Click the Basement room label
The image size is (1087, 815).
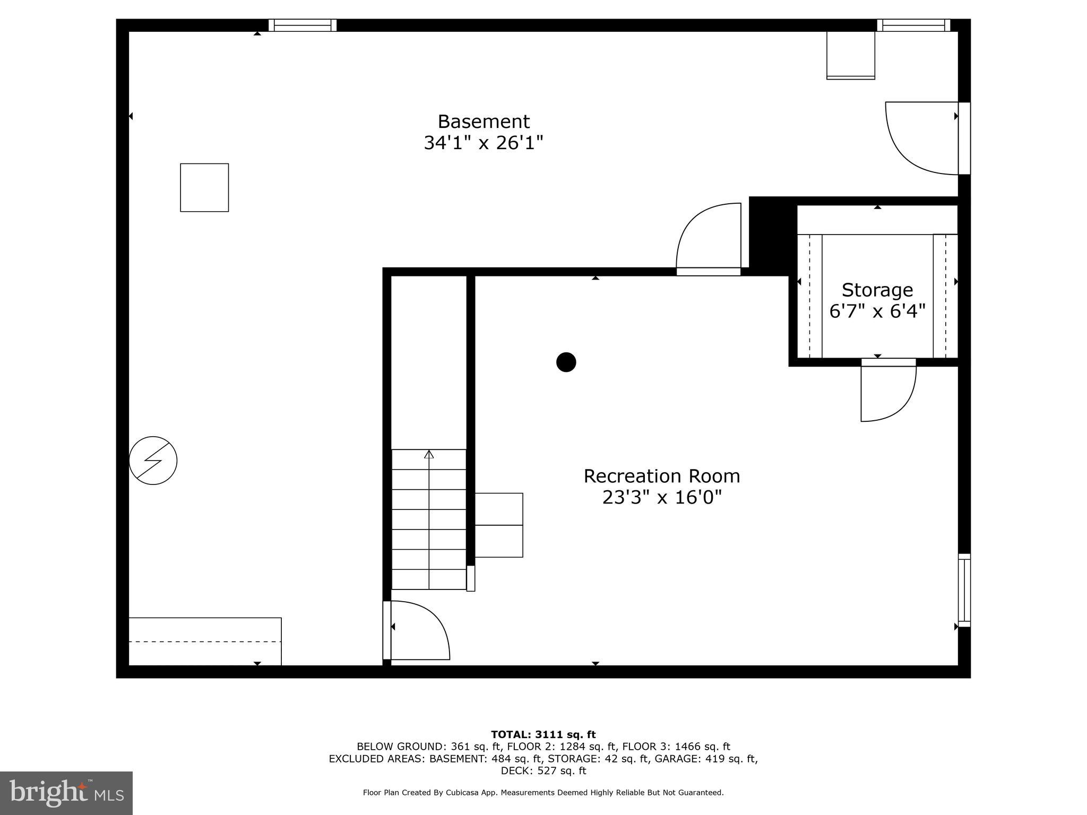coord(483,122)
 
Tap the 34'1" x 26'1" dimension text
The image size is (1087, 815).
coord(483,143)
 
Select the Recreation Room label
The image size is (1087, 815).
coord(661,476)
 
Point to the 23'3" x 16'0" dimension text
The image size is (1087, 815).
coord(661,498)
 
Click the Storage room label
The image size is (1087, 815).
coord(877,290)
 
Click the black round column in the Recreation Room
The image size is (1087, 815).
coord(566,362)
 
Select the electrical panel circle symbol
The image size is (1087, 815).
coord(153,461)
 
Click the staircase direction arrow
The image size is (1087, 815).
coord(429,454)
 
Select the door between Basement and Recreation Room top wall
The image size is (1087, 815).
coord(709,239)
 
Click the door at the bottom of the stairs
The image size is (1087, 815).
coord(417,630)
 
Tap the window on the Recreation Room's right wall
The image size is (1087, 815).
coord(964,590)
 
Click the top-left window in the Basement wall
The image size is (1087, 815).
coord(303,25)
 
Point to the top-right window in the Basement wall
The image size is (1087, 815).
coord(913,25)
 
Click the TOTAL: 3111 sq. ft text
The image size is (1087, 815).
coord(543,735)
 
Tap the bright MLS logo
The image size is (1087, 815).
coord(66,793)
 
